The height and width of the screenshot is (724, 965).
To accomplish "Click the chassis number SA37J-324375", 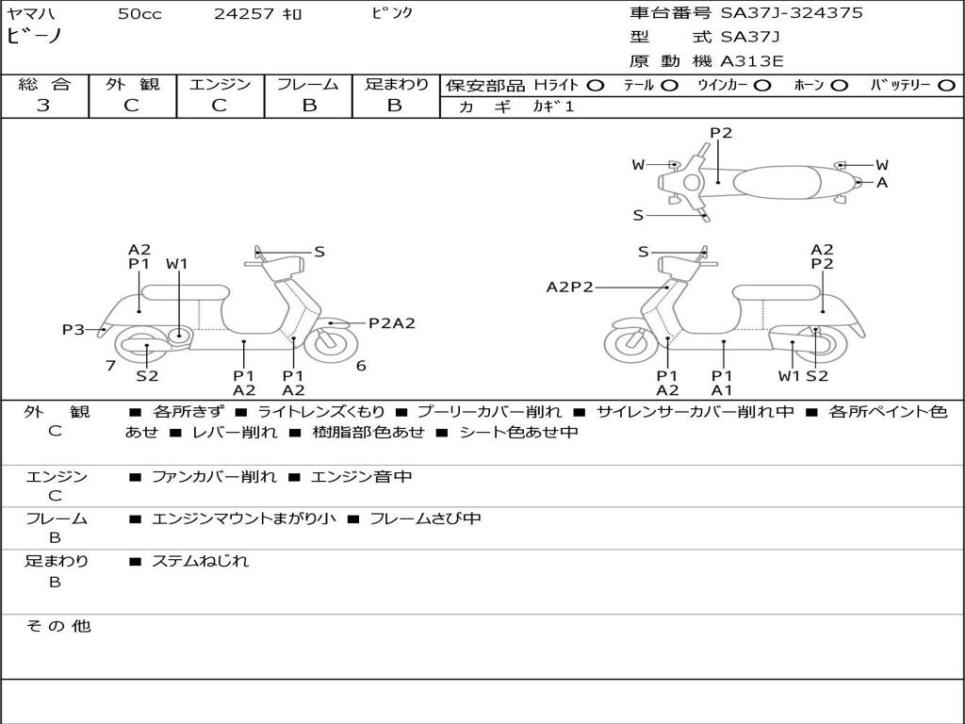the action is point(792,13).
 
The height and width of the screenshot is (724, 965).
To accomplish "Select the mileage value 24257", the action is point(244,14).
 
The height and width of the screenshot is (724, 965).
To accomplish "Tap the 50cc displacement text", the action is point(139,14).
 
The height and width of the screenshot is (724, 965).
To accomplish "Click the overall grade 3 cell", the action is point(43,106).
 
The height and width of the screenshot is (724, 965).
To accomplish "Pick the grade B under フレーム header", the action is point(309,106).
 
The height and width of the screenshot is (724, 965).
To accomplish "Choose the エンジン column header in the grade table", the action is point(221,85).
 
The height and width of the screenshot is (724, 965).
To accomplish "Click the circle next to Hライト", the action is point(595,85).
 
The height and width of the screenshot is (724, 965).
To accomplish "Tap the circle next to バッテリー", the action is point(946,85).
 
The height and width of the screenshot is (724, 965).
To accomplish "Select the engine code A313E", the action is point(751,61).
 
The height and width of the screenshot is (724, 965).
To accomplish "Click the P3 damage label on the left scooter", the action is point(74,329).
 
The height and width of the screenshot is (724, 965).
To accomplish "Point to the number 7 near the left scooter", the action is point(110,366).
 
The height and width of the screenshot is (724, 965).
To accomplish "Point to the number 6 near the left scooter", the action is point(361,366).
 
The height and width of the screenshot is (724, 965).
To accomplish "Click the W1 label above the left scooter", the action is point(177,264).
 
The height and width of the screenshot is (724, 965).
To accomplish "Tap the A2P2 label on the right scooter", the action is point(569,287).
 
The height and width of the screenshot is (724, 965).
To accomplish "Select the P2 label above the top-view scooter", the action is point(721,133).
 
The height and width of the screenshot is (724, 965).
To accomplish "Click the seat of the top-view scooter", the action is point(775,180).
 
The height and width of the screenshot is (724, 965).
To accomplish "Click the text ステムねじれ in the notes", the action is point(200,561).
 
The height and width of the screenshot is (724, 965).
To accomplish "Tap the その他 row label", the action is point(57,626).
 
